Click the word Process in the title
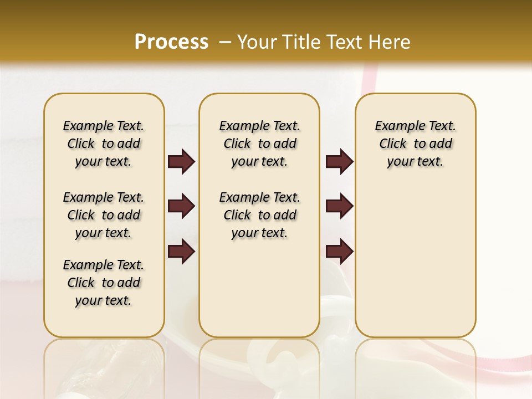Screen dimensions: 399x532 [x=171, y=42]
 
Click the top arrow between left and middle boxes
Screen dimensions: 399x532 [x=181, y=162]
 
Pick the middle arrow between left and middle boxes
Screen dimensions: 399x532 [x=181, y=206]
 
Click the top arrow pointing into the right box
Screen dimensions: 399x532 [x=339, y=162]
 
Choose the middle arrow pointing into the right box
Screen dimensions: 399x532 [x=339, y=206]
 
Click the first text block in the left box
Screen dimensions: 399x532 [x=104, y=144]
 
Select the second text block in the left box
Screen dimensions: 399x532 [x=104, y=215]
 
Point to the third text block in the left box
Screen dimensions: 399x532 [x=104, y=283]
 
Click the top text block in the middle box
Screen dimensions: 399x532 [x=259, y=144]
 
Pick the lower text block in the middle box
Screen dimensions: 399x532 [x=259, y=215]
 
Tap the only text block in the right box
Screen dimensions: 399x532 [x=415, y=144]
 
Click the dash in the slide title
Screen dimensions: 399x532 [x=225, y=42]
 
